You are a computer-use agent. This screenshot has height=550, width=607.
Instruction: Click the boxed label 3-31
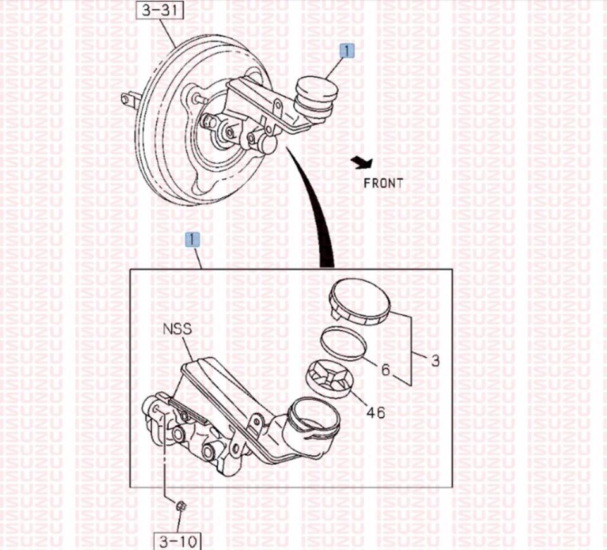point(159,9)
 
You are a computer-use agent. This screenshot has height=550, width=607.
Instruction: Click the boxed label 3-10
point(178,541)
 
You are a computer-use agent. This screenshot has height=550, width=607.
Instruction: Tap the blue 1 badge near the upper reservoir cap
point(347,51)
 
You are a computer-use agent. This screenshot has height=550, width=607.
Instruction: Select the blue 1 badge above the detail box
point(192,240)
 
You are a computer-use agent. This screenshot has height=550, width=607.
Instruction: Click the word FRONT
point(383,183)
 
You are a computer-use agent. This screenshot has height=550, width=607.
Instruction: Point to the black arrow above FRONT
point(362,162)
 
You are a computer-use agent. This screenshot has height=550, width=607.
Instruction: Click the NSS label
point(177,329)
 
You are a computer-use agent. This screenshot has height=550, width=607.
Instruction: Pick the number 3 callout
point(436,361)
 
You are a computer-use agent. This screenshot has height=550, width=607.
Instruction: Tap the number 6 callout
point(385,370)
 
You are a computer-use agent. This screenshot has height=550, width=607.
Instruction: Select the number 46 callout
point(376,413)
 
